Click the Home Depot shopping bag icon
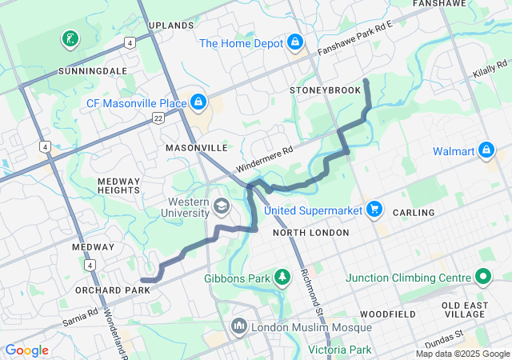(294, 41)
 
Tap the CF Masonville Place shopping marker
(197, 102)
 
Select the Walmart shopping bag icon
(486, 150)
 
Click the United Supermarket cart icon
(374, 210)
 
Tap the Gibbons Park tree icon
(282, 278)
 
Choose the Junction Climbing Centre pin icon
(482, 278)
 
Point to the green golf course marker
(70, 38)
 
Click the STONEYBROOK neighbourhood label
(326, 90)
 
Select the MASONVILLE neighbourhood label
(197, 149)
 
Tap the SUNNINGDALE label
(92, 71)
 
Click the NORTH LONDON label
(310, 233)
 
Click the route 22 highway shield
(158, 118)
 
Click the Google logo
(26, 350)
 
